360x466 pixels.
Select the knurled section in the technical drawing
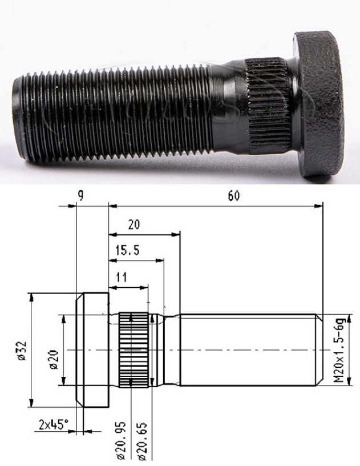tap(135, 349)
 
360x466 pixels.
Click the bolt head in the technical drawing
tap(92, 349)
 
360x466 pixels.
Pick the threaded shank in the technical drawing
tap(248, 349)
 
